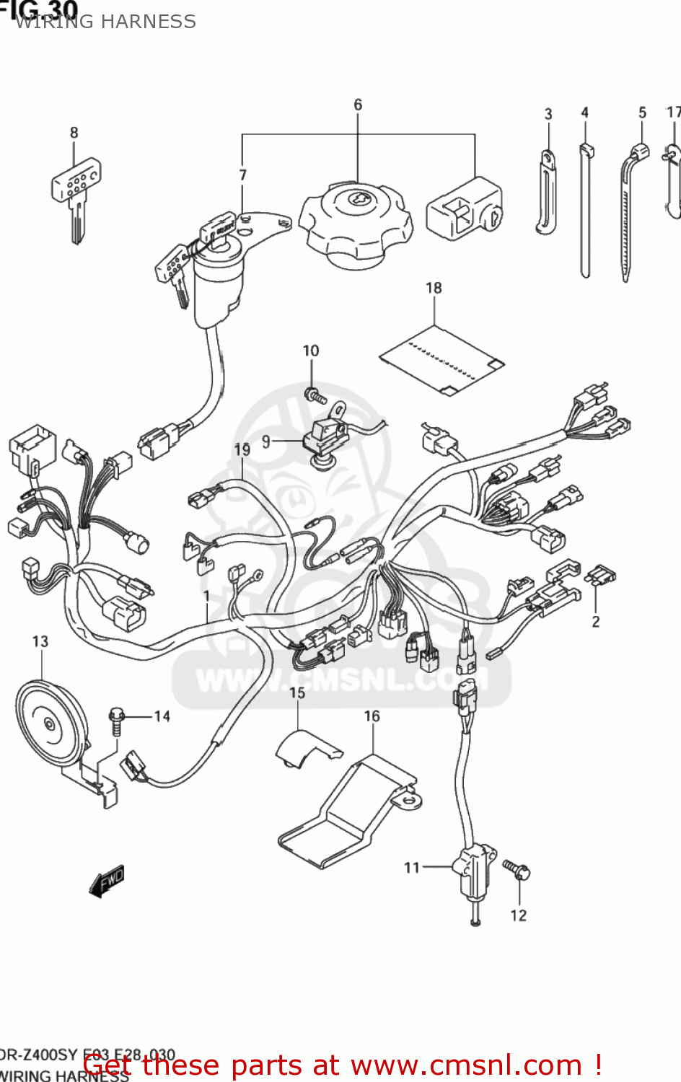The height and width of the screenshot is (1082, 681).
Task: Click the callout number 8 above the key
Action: point(74,133)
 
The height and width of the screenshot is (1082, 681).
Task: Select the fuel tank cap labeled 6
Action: point(355,224)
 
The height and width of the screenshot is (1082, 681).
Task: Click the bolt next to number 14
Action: point(116,721)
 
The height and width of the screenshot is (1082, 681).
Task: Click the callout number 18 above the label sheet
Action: point(434,288)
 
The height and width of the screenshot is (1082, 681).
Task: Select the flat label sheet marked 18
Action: point(441,360)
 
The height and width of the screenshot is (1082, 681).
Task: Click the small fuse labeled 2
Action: point(601,576)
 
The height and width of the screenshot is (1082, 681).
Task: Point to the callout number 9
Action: point(266,441)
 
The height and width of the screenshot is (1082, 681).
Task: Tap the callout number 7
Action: point(243,175)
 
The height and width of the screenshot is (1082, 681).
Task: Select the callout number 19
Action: point(242,449)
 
